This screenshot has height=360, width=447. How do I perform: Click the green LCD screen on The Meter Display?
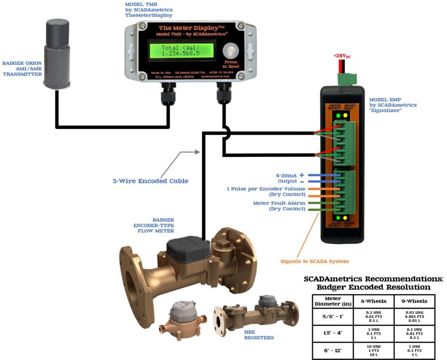click(180, 50)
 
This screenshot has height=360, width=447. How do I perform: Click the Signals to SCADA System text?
click(314, 261)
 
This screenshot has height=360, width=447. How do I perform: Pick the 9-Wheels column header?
click(414, 301)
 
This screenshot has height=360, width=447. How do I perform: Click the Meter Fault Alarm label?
click(279, 203)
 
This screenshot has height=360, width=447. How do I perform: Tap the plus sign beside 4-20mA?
click(302, 174)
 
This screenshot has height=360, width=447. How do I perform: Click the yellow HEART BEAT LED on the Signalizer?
click(345, 116)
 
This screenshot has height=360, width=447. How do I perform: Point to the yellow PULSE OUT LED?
click(345, 218)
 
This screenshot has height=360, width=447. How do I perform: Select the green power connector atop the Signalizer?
click(347, 79)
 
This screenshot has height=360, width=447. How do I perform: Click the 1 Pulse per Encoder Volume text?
click(266, 189)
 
